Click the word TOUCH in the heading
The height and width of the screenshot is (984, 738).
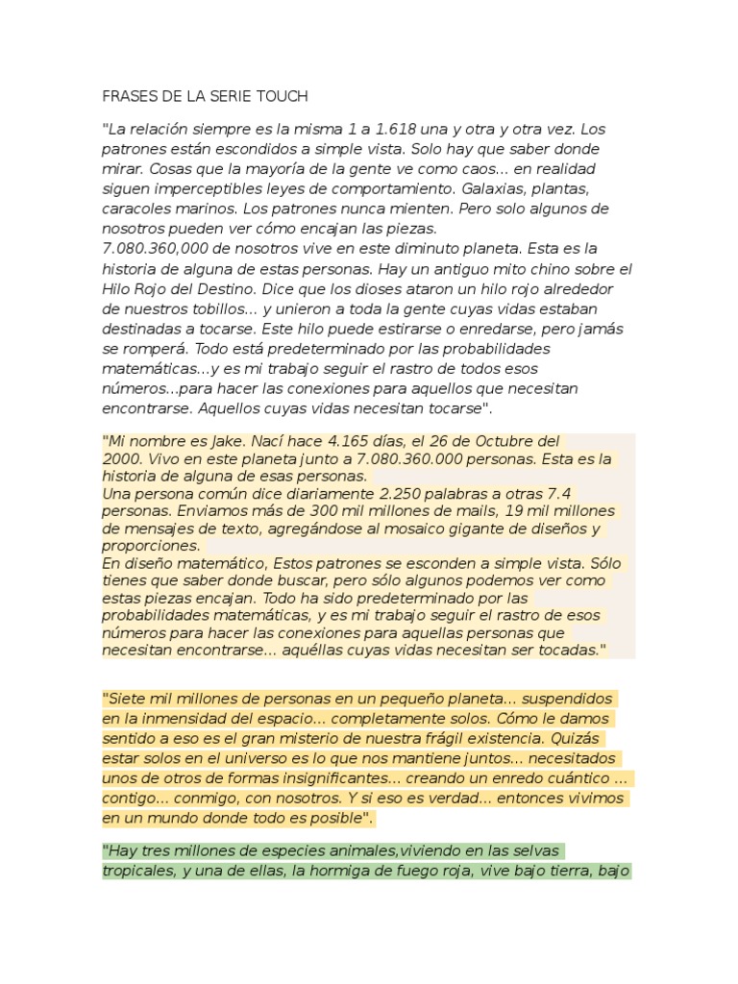281,97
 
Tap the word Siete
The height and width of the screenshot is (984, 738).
129,699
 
